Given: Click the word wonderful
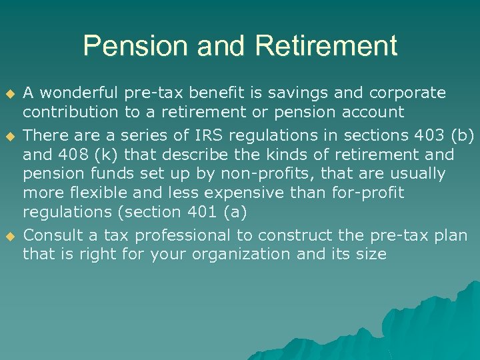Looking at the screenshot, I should tap(80, 92).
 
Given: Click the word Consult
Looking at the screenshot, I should tap(53, 235).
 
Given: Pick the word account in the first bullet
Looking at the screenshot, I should tap(371, 112).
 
